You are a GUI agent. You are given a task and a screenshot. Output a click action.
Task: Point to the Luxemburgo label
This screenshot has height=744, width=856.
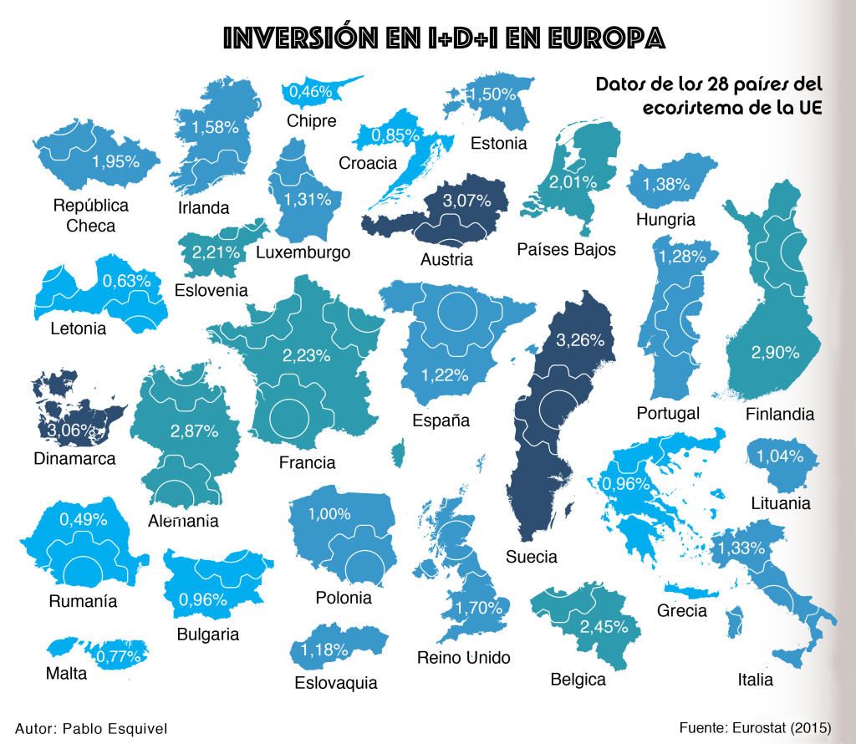[x=303, y=252]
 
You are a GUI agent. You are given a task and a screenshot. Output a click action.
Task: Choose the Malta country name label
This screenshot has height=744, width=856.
[x=67, y=674]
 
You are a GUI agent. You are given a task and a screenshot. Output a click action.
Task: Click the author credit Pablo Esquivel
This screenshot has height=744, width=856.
[x=91, y=728]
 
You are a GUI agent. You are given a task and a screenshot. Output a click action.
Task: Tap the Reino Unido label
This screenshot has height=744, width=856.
[x=463, y=658]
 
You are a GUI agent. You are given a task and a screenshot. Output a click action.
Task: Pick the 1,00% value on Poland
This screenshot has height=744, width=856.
[x=329, y=515]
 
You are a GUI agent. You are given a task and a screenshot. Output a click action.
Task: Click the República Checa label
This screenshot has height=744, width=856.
[x=90, y=216]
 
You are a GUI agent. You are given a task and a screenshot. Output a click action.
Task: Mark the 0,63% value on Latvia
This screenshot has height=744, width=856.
[x=126, y=282]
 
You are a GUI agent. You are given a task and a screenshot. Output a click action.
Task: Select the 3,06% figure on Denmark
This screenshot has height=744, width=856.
[x=71, y=431]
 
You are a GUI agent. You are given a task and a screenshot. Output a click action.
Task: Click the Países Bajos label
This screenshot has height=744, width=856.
[x=566, y=249]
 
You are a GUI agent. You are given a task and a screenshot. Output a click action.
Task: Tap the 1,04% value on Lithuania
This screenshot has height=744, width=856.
[x=780, y=456]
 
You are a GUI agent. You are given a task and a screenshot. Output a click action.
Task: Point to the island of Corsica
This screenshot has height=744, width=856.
[x=398, y=455]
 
